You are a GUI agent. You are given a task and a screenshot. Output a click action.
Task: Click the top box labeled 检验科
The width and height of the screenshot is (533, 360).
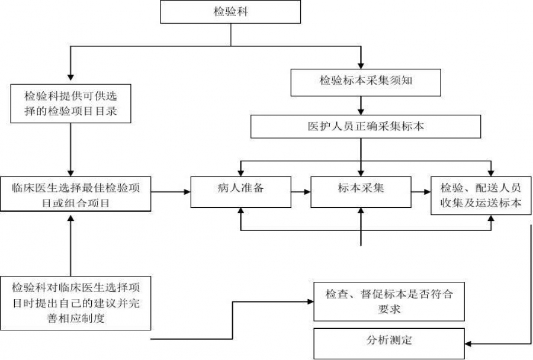pos(231,12)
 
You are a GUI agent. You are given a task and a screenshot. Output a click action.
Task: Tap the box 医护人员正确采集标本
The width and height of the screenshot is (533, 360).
pos(365,126)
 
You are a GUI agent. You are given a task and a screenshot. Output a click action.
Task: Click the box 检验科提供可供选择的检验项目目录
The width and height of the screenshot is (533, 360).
pos(70,104)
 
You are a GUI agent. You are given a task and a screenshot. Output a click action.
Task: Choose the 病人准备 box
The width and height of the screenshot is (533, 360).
pos(240,191)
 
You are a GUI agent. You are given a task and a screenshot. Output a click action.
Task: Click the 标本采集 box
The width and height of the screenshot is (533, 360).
pos(361,191)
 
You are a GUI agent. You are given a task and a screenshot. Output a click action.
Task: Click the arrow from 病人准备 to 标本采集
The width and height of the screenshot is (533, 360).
pos(300,192)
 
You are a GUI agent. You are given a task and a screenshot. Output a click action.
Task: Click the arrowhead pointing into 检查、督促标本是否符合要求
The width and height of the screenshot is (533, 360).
pos(310,301)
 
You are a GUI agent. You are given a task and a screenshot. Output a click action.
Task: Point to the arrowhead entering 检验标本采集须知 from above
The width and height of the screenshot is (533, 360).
pos(361,65)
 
